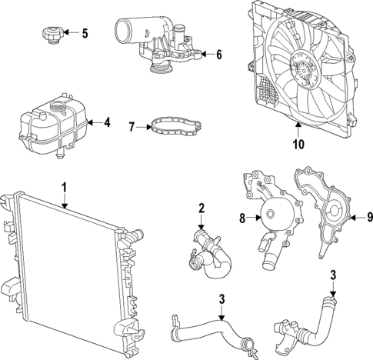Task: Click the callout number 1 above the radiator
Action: click(x=65, y=187)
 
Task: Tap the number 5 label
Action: click(x=85, y=33)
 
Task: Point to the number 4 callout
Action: click(x=108, y=122)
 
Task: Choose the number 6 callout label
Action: click(x=218, y=55)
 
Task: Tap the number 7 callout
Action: click(x=132, y=125)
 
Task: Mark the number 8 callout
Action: click(x=241, y=218)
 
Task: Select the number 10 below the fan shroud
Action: click(x=299, y=143)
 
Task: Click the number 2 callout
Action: click(x=201, y=208)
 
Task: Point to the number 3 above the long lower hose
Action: click(x=221, y=299)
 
